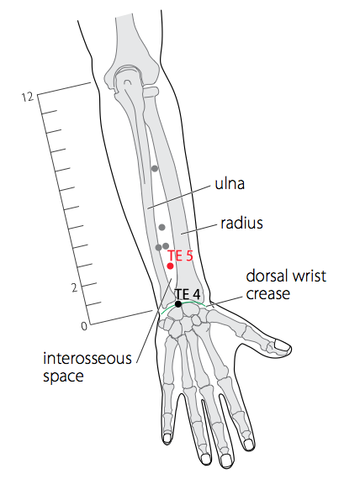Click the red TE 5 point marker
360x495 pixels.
(x=170, y=266)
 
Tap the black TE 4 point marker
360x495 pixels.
(x=178, y=304)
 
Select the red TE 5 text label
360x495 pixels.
(x=180, y=255)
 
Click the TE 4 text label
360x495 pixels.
(x=188, y=294)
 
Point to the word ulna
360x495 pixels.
(x=230, y=184)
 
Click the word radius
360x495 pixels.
(x=241, y=224)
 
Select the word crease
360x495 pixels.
(x=268, y=294)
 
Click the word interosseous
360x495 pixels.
(x=87, y=359)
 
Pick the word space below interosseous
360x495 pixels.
(x=64, y=377)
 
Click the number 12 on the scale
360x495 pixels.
(x=28, y=97)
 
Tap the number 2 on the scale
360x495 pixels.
(x=74, y=288)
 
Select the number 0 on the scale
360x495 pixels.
(x=84, y=326)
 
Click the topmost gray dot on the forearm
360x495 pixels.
(x=155, y=169)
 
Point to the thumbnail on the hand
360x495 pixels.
(x=283, y=345)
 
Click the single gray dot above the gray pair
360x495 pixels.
(x=161, y=227)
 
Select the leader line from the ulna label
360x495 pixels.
(x=179, y=197)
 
